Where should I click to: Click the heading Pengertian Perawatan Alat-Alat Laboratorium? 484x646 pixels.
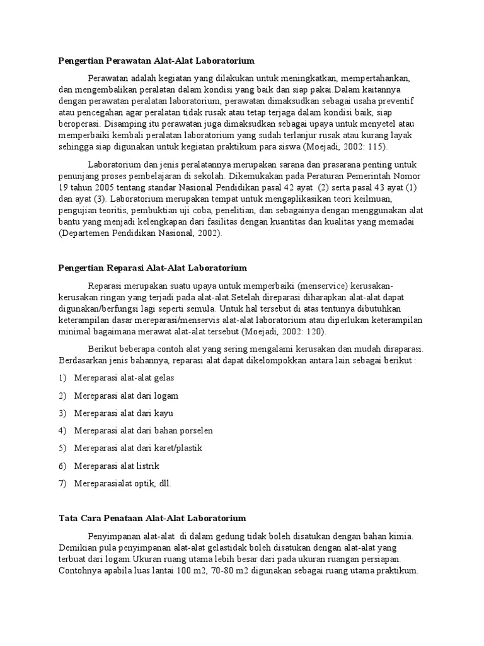pos(156,61)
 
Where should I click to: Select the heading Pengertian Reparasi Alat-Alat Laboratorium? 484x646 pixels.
pos(153,268)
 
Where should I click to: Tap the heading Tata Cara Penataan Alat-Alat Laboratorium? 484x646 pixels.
pos(151,519)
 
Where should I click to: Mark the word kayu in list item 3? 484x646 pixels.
pos(163,413)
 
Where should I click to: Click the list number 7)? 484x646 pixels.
pos(62,484)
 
